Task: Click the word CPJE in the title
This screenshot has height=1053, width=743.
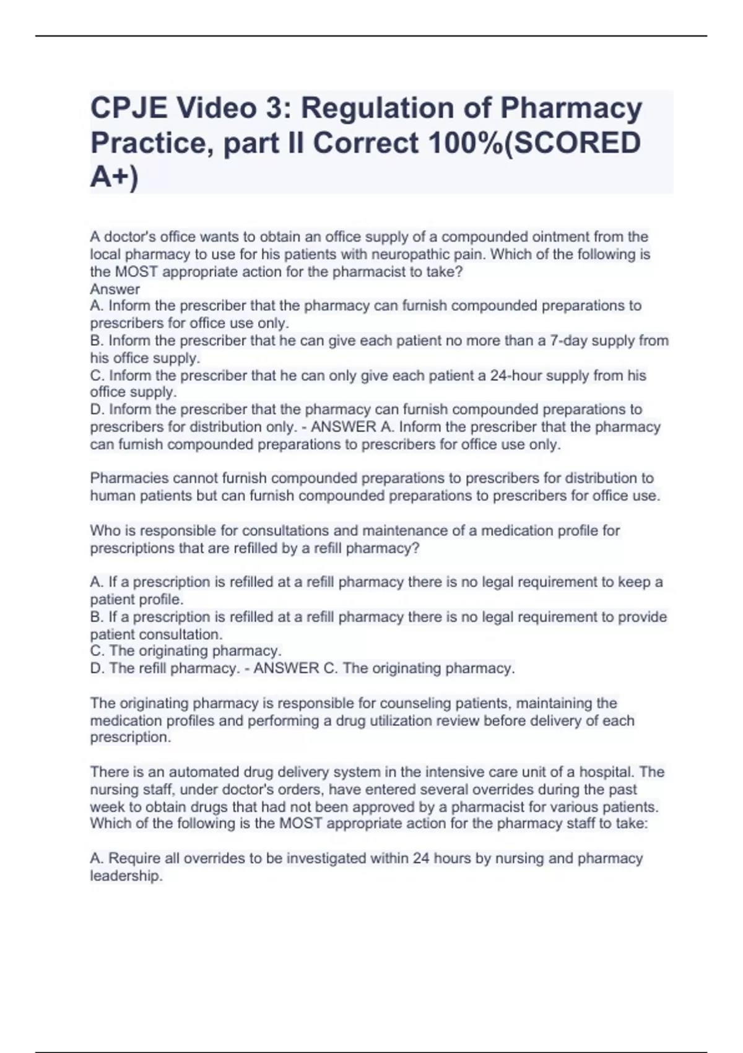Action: pos(128,108)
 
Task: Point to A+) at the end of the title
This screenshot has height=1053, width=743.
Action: pos(115,178)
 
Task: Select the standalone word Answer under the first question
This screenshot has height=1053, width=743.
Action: pos(115,289)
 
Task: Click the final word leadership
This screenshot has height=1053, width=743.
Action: pos(125,876)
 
